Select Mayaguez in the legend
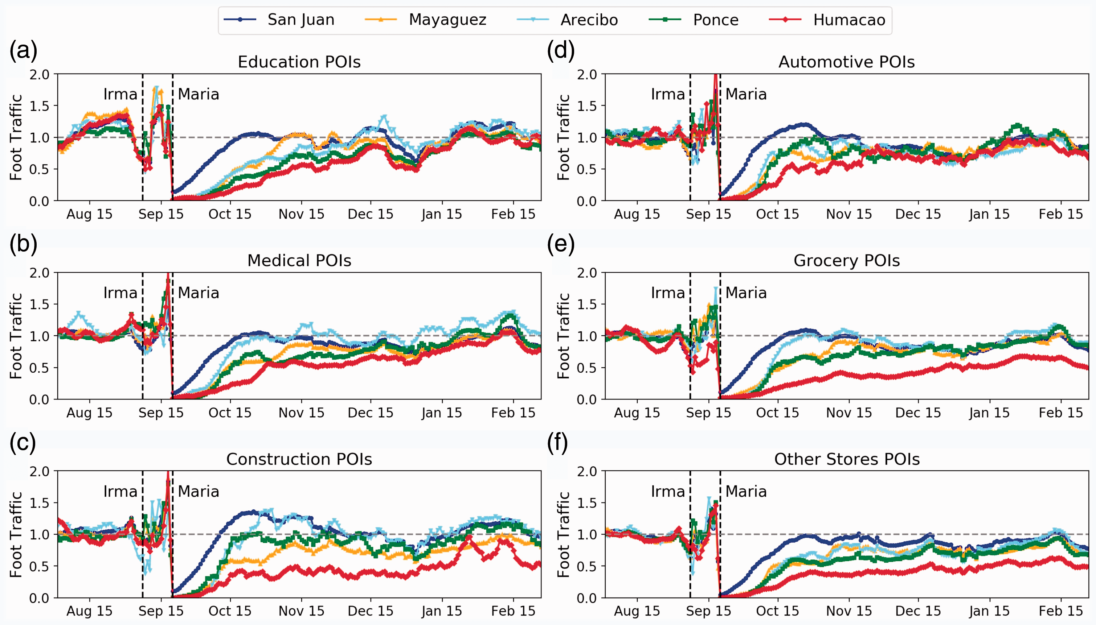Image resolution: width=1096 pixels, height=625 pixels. (425, 20)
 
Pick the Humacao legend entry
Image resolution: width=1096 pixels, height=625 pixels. (827, 20)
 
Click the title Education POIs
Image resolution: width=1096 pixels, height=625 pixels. (299, 62)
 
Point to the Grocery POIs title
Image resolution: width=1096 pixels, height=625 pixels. (846, 261)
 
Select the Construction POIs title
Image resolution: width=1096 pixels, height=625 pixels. (299, 459)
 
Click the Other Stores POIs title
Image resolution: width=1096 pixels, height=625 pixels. (846, 459)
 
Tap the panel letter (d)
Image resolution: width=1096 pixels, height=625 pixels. (561, 50)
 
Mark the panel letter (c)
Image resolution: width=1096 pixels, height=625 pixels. (23, 442)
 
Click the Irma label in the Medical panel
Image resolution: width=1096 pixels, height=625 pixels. (120, 293)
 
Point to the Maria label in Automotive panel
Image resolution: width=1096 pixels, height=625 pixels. (746, 94)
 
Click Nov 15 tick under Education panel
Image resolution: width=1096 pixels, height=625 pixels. (301, 214)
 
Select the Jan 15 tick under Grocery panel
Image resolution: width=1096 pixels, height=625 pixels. (989, 413)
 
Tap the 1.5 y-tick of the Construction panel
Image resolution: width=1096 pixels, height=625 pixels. (40, 503)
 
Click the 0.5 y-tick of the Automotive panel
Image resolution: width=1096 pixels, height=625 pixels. (587, 169)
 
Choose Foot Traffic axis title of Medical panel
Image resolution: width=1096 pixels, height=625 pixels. (16, 336)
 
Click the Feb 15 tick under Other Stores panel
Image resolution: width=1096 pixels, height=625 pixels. (1061, 611)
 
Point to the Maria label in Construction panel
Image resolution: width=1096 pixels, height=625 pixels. (199, 491)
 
